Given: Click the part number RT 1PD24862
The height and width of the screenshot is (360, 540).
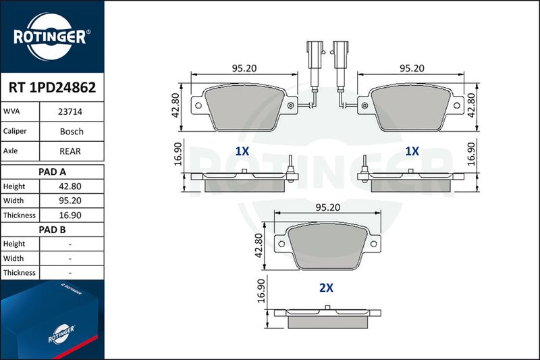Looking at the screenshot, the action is (52, 88).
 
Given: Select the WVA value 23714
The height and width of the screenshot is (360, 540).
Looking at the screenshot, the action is (70, 111).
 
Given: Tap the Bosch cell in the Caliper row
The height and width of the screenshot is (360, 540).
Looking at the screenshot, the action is (72, 131).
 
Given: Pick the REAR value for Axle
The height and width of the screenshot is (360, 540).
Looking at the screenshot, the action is (70, 151).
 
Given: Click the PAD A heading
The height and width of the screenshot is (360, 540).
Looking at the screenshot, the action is (52, 172).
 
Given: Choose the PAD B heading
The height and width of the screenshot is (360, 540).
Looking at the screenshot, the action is (52, 230).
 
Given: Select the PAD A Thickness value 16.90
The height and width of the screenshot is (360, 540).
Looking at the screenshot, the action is (70, 215).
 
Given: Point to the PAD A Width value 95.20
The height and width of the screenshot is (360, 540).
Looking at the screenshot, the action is (70, 201).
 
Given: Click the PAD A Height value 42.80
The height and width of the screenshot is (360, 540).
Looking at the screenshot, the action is (70, 186).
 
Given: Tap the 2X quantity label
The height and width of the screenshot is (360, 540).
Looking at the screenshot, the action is (326, 288).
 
